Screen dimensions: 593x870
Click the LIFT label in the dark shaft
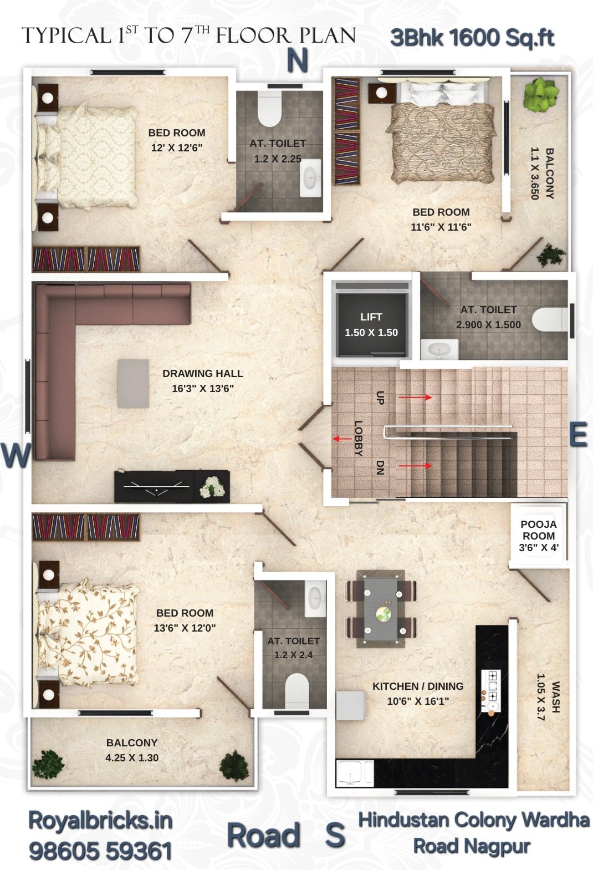(x=371, y=317)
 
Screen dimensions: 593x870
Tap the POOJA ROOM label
(x=539, y=530)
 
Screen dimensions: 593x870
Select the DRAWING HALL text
(x=203, y=373)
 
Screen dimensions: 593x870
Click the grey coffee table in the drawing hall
(x=133, y=384)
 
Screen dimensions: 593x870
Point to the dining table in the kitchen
(x=381, y=608)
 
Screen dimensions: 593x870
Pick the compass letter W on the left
(x=16, y=455)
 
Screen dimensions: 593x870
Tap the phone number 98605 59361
(x=100, y=851)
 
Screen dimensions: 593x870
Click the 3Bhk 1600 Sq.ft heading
(x=472, y=38)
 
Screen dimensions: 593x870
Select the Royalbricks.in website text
(x=100, y=821)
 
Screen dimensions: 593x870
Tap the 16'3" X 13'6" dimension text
(x=203, y=388)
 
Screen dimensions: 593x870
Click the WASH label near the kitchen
(x=555, y=697)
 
